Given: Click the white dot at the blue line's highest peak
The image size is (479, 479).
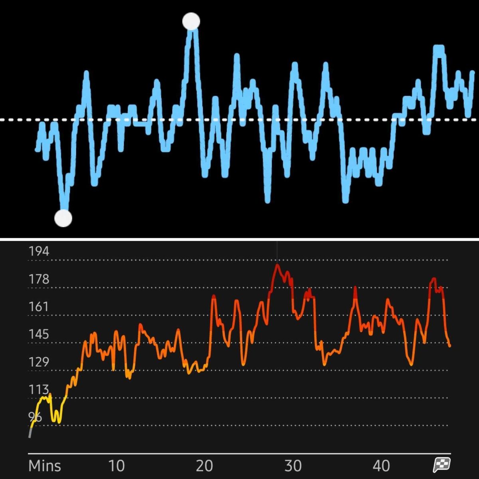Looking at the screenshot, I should tap(191, 22).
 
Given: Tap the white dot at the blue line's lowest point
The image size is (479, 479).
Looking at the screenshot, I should tap(63, 218).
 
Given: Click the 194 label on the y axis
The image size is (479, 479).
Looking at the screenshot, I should tap(39, 251).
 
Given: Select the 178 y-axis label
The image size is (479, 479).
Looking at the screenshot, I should tap(39, 279).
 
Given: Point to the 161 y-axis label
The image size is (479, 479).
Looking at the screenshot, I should tap(39, 307).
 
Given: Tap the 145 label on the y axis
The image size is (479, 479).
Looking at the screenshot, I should tap(39, 334).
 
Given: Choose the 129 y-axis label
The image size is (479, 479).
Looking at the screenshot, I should tap(39, 362).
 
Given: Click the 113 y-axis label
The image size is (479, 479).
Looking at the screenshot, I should tap(39, 390).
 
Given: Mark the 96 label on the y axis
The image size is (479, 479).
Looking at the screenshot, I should tap(35, 417).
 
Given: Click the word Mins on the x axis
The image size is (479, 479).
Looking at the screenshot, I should tap(45, 466).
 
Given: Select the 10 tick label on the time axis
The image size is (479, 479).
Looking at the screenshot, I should tap(116, 466).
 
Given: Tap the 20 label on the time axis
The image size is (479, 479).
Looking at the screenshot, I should tap(204, 466).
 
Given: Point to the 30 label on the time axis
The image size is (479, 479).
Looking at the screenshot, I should tap(293, 466).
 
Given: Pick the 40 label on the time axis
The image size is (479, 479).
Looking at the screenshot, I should tap(381, 466).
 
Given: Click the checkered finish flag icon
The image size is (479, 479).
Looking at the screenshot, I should tap(442, 465).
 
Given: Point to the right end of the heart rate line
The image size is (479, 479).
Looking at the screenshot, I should tap(450, 346).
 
